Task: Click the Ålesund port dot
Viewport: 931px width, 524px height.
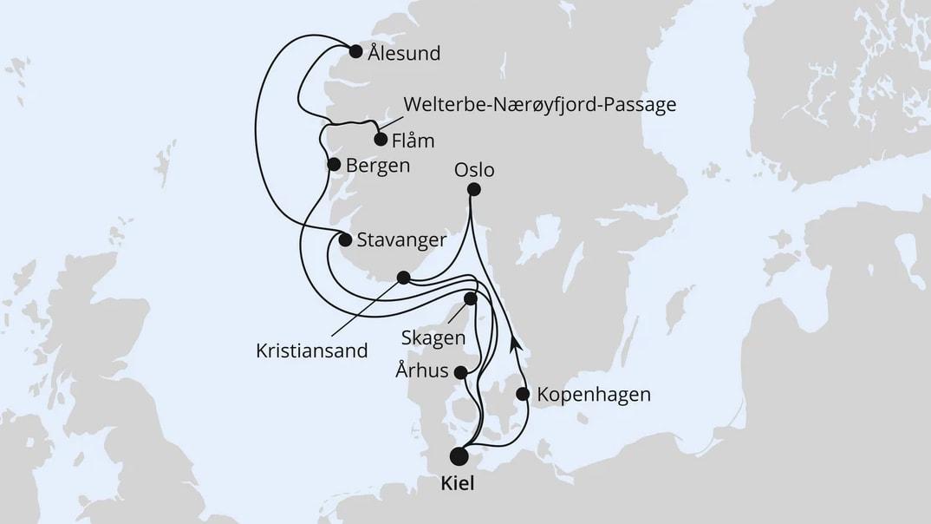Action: pos(355,51)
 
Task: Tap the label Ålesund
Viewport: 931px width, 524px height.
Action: pos(404,54)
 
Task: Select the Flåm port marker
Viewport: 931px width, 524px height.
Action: pos(380,139)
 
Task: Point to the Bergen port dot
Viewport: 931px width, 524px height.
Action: pos(334,164)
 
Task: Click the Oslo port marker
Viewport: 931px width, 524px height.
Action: pos(473,190)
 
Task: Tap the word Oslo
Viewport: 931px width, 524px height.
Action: pos(474,169)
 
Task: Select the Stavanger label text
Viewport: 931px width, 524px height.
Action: pos(401,240)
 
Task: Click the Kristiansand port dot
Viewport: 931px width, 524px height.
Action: pos(403,278)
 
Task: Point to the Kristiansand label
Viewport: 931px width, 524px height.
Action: pos(312,351)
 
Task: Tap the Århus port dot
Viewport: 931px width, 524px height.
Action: pos(461,373)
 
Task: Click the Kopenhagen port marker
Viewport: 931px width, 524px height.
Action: pos(523,394)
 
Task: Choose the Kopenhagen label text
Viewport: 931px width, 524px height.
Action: pos(594,395)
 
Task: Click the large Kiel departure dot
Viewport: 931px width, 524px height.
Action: pos(459,456)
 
